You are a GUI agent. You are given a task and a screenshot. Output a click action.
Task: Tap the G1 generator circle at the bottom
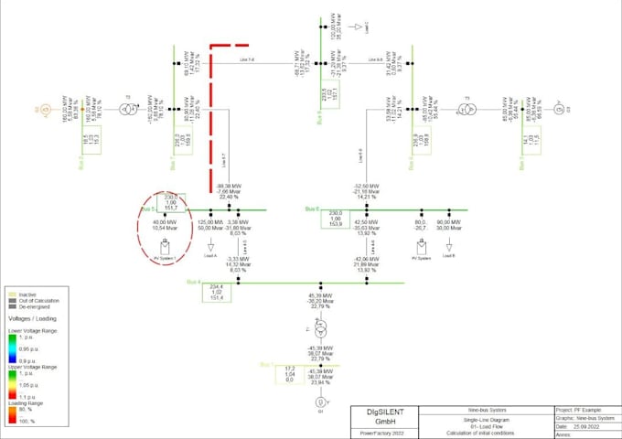[x=320, y=402]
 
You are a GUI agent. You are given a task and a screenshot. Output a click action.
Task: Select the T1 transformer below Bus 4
[x=320, y=330]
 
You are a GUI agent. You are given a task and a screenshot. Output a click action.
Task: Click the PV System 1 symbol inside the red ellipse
[x=166, y=247]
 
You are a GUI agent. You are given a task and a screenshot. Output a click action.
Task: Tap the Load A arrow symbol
[x=210, y=246]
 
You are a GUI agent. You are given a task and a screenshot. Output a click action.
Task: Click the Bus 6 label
[x=311, y=209]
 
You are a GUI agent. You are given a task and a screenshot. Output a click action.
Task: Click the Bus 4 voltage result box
[x=216, y=293]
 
